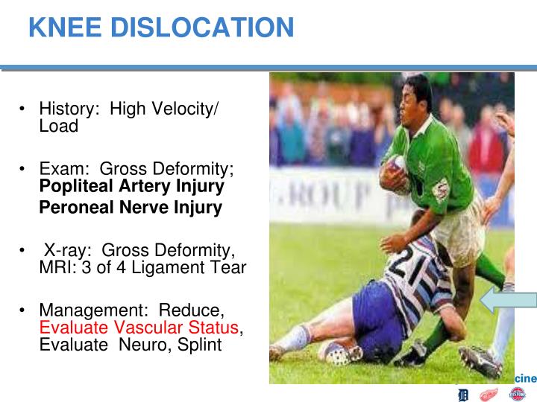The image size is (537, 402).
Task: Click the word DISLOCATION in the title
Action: (x=203, y=28)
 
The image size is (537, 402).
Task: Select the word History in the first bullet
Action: (x=68, y=109)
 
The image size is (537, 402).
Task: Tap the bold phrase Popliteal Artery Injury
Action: (x=131, y=186)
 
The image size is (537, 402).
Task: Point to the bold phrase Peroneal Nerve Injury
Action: (x=131, y=208)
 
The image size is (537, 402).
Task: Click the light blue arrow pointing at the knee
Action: (x=508, y=301)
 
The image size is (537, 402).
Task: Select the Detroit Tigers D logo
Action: (x=463, y=394)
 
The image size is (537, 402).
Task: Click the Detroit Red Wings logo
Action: (x=489, y=394)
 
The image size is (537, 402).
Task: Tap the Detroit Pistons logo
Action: (x=517, y=394)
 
